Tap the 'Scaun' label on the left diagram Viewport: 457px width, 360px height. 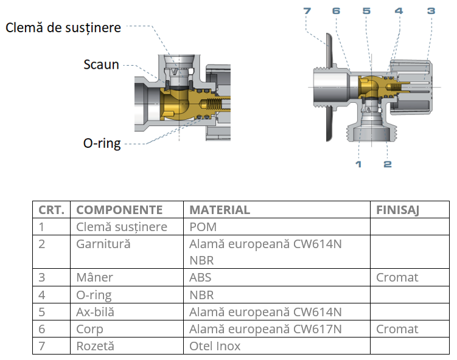pos(101,64)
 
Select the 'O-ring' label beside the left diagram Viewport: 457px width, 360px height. pos(102,144)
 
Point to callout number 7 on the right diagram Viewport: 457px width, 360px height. pos(307,11)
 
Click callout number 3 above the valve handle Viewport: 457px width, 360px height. pos(430,11)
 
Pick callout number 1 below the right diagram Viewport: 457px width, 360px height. pos(358,164)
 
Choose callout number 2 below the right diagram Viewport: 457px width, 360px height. pos(388,164)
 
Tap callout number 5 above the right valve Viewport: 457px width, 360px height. pos(366,11)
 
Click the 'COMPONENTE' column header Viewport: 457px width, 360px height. pos(119,210)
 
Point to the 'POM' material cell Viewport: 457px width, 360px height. pos(203,227)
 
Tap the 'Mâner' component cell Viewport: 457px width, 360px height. pos(94,277)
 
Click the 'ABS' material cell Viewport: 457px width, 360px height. pos(201,277)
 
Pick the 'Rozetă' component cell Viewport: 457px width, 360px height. pos(96,346)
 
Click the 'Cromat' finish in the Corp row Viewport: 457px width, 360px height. pos(397,329)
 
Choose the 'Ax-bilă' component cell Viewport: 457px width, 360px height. pos(96,312)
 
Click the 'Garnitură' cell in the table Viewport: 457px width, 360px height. pos(103,244)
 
